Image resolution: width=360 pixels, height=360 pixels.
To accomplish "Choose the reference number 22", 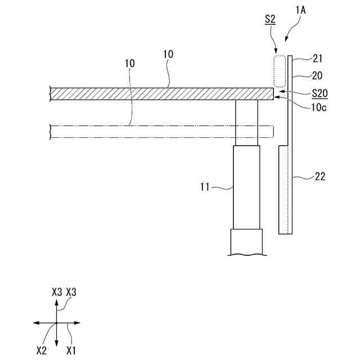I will [x=320, y=177].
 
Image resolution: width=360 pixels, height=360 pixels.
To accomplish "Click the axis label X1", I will [x=71, y=350].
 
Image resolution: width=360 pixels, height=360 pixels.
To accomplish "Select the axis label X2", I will [x=41, y=350].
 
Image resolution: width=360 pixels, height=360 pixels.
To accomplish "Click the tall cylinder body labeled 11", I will [x=246, y=187].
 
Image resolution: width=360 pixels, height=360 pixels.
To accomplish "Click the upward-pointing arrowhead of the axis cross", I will [x=56, y=302].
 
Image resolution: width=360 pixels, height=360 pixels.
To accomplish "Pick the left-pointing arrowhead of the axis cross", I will [x=35, y=323].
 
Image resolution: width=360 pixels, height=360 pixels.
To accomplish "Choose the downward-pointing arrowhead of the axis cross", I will [x=56, y=344].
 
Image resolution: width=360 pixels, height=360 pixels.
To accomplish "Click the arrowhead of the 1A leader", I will [x=287, y=40].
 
